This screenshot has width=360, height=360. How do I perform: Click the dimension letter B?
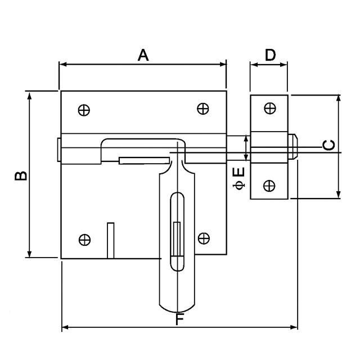click(20, 176)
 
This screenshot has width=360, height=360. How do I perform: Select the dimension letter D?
click(270, 55)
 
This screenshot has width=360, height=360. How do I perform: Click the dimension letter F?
click(179, 320)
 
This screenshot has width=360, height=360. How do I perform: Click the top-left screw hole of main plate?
click(84, 110)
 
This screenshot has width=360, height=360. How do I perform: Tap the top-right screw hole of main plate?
click(203, 109)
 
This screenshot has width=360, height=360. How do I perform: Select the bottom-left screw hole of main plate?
click(84, 240)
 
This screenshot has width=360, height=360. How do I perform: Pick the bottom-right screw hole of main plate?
click(203, 238)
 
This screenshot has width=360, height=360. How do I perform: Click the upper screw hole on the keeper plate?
click(270, 109)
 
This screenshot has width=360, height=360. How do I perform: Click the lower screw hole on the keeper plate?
click(269, 184)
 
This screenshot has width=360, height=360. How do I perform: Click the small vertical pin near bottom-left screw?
click(111, 240)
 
